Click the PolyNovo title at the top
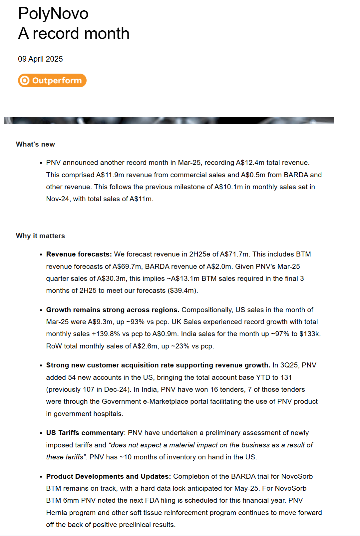[x=53, y=14]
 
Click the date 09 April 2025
[x=40, y=59]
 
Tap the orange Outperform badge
[x=52, y=81]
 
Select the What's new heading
[x=35, y=144]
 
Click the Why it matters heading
[x=40, y=236]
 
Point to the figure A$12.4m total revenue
[x=272, y=163]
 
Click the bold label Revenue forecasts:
[x=79, y=254]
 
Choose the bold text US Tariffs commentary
[x=85, y=433]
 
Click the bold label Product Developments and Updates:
[x=109, y=476]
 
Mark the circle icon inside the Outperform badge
[x=25, y=81]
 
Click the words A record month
[x=74, y=34]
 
